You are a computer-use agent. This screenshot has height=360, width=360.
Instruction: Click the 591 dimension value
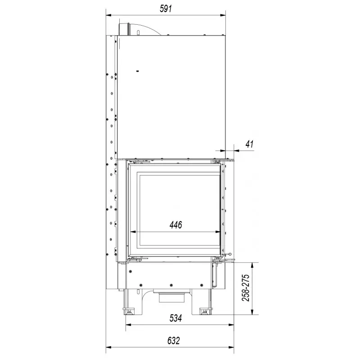click(x=166, y=9)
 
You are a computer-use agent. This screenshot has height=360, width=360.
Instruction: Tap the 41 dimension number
click(x=249, y=144)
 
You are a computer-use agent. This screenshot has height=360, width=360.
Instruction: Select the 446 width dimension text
click(x=175, y=225)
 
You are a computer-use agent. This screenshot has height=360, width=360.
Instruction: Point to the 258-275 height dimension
click(x=245, y=288)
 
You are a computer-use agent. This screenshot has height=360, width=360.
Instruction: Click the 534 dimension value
click(x=175, y=318)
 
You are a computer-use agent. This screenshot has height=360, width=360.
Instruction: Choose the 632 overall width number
click(x=174, y=341)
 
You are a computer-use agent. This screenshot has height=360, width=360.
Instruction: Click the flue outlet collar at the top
click(x=124, y=29)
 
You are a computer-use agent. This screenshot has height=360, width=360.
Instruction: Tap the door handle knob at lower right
click(x=229, y=254)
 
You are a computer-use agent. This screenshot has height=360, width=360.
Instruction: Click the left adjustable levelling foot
click(x=128, y=312)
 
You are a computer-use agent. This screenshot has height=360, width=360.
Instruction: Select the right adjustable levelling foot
click(x=204, y=311)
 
